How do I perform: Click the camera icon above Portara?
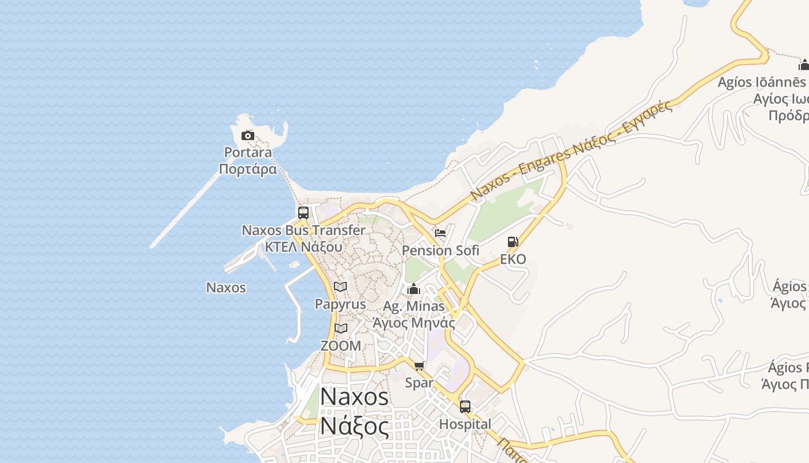coord(247,136)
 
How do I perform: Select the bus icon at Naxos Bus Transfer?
coord(303,213)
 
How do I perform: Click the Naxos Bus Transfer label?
coord(303,230)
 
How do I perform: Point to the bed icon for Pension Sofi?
coord(440,233)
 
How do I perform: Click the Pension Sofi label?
coord(440,251)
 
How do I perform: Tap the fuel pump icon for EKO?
coord(513,242)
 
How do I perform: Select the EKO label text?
coord(513,259)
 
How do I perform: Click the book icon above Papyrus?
coord(340,286)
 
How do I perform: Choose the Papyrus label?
coord(340,304)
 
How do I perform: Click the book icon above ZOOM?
coord(341,329)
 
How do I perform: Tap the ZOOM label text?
coord(341,346)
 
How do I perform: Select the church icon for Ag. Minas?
coord(414,289)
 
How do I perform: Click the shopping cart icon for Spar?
coord(420,366)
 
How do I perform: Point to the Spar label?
coord(419,383)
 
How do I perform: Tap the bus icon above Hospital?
coord(465,407)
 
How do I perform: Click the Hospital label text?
coord(465,424)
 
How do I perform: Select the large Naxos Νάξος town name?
coord(354,411)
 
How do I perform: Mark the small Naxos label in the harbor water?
coord(226,288)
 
